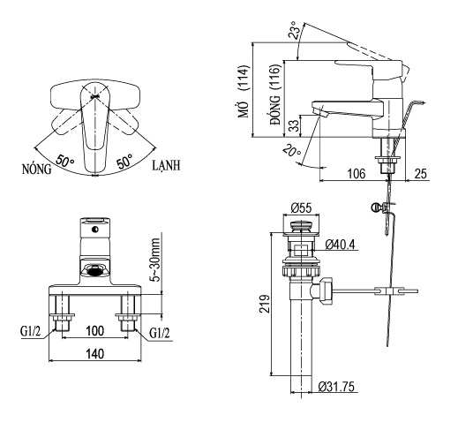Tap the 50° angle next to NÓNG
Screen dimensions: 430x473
click(x=64, y=162)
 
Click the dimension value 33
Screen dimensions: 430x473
click(x=293, y=126)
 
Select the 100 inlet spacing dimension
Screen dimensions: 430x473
click(x=94, y=330)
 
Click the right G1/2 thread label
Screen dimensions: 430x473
click(x=160, y=333)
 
